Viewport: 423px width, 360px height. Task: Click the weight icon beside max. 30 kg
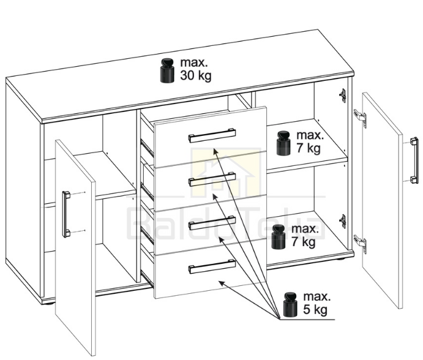[167, 70]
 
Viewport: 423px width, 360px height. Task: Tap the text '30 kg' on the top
[195, 75]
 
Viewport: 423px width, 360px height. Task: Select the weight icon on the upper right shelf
[283, 143]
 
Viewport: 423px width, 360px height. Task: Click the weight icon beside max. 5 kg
[290, 305]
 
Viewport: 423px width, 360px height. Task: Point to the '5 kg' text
[315, 309]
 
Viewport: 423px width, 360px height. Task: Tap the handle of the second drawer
[212, 179]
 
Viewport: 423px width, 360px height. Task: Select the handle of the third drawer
[212, 223]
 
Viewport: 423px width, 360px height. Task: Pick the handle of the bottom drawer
[212, 266]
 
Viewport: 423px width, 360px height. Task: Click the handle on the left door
[66, 214]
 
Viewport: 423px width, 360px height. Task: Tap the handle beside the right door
[414, 160]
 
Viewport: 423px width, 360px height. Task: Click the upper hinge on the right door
[361, 118]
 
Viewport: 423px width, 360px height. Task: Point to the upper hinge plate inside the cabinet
[343, 96]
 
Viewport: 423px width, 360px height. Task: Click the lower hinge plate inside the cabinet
[343, 221]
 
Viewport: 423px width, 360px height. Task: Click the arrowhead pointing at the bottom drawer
[222, 283]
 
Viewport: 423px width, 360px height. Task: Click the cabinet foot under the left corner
[48, 304]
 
